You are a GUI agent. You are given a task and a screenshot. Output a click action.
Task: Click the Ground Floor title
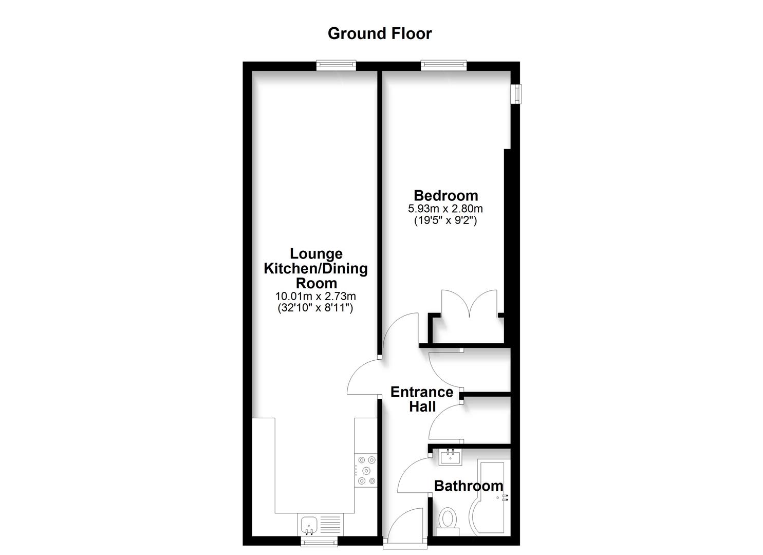[x=380, y=33]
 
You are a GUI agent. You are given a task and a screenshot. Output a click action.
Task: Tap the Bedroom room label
[x=445, y=195]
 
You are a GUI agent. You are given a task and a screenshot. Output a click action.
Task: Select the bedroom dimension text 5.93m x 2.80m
[x=445, y=209]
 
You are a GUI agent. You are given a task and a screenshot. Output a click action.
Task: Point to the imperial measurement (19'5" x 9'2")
[x=445, y=221]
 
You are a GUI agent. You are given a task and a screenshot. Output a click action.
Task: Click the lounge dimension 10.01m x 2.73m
[x=315, y=296]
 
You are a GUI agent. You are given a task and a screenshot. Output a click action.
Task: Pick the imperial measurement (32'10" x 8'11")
[x=315, y=308]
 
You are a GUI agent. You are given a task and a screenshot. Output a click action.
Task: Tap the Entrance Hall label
[x=421, y=399]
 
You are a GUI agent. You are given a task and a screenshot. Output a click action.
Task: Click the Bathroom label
[x=469, y=486]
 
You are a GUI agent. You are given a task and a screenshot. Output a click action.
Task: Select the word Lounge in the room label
[x=316, y=253]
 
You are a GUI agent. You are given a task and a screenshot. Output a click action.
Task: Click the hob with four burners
[x=365, y=470]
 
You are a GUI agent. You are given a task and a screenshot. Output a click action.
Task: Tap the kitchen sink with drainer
[x=319, y=525]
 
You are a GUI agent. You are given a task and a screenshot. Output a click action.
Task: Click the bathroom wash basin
[x=451, y=456]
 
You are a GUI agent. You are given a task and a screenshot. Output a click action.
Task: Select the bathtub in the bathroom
[x=491, y=496]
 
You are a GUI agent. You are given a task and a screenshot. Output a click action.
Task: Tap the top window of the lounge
[x=336, y=65]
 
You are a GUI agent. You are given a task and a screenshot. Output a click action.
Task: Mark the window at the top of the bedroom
[x=443, y=65]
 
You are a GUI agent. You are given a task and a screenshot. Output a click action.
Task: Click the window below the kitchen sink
[x=319, y=541]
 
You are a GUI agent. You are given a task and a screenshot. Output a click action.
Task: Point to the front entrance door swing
[x=405, y=524]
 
